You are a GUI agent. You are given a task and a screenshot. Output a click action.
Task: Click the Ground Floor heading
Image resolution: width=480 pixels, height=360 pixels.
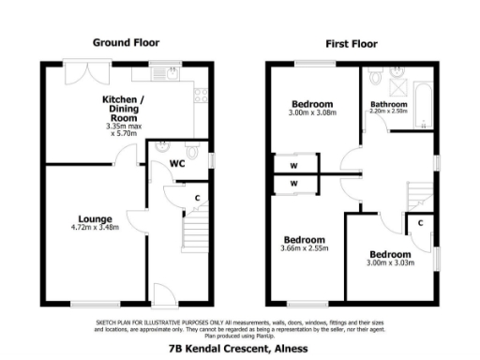point(126,42)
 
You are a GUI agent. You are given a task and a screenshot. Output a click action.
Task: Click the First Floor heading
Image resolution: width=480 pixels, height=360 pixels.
point(352,43)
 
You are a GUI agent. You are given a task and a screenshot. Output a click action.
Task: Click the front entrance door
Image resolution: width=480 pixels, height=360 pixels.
point(162,295)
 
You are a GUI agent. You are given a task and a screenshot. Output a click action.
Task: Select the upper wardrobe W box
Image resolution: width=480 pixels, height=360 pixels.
point(293,165)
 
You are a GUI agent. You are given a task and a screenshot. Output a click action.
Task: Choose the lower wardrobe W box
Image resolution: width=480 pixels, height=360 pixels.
point(293,184)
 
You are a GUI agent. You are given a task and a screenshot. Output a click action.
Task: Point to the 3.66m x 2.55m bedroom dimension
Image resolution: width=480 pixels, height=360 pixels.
point(303,247)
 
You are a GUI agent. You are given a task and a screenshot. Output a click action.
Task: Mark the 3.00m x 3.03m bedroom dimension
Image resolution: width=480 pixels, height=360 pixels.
point(389,263)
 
